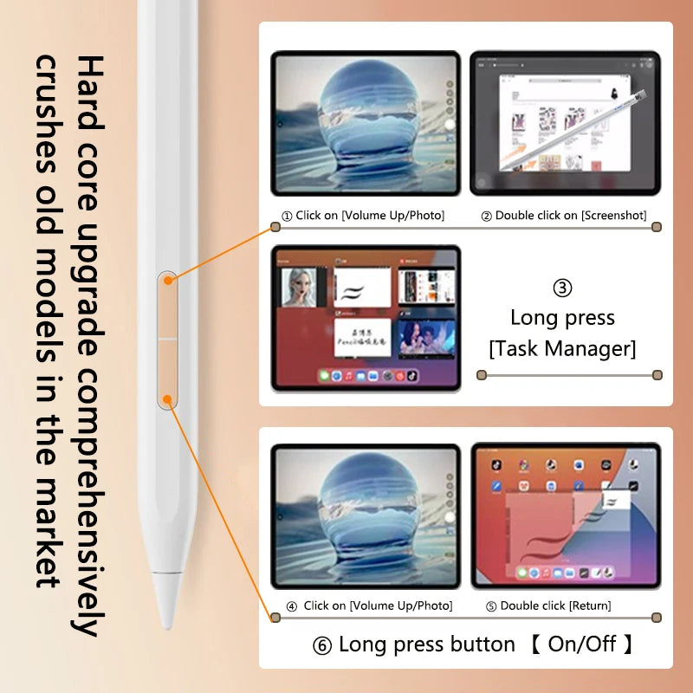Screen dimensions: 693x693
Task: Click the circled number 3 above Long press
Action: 562,288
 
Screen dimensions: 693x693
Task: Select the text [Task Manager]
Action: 562,348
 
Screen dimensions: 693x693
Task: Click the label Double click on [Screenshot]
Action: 564,215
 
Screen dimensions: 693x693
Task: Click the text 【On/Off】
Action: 583,644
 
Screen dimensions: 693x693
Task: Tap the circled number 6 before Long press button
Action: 321,645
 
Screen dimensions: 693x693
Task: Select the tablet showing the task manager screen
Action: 366,318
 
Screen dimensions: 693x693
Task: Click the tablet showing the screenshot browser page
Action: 565,122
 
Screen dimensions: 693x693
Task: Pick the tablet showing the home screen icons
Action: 565,515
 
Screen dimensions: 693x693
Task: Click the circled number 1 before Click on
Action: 287,216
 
